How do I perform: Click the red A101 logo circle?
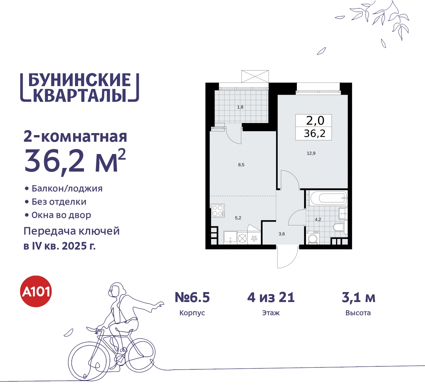[36, 291]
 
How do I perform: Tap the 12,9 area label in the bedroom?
[311, 153]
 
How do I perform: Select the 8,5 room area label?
[241, 165]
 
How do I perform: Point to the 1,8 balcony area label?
[240, 107]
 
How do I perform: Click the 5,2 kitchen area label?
[238, 218]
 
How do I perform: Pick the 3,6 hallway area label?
[282, 234]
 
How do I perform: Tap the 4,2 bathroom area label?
[318, 219]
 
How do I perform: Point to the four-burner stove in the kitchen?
[218, 211]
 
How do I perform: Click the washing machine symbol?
[312, 238]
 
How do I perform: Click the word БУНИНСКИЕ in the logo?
[80, 80]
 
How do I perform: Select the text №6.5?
[192, 297]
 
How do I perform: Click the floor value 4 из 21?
[271, 297]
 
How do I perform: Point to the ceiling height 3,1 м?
[359, 297]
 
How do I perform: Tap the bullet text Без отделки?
[59, 202]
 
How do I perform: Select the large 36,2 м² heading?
[75, 161]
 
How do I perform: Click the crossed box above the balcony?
[255, 76]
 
